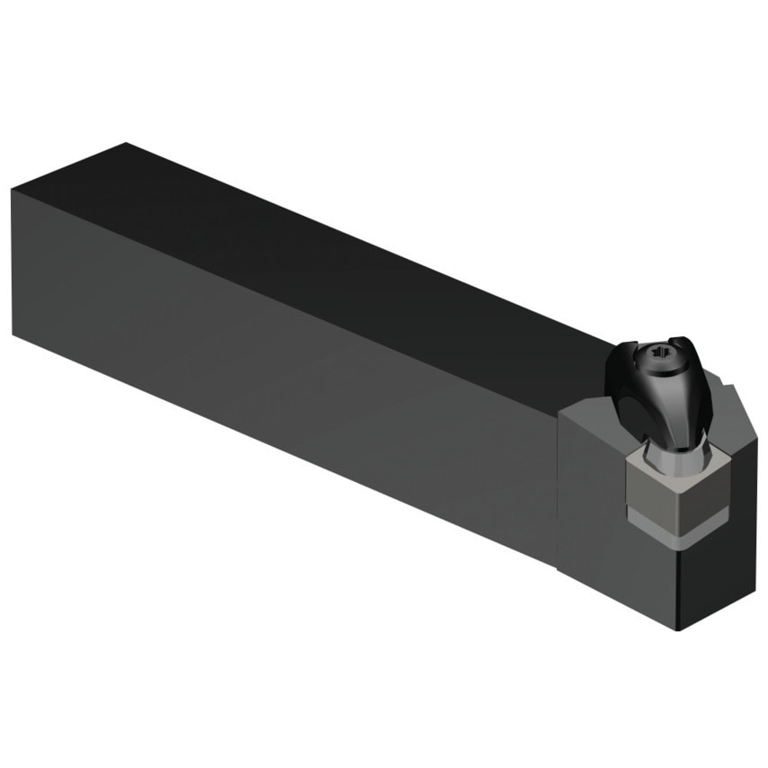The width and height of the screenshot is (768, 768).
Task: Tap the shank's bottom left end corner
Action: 13,334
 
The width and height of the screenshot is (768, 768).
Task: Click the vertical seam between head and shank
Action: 558,486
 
